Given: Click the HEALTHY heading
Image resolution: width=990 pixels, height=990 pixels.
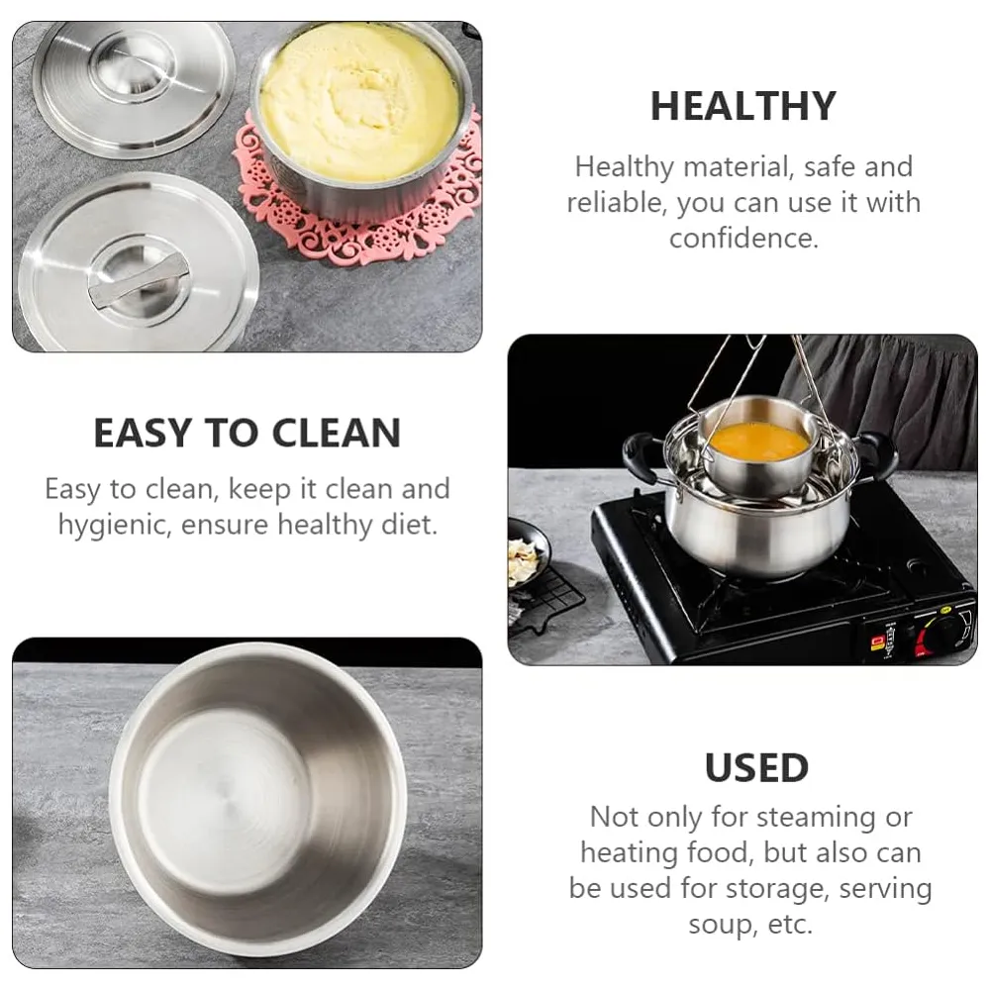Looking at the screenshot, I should pos(742,107).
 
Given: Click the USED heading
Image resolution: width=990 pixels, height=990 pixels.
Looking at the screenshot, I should pos(756,768).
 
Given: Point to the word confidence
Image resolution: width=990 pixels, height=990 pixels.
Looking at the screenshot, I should pos(743,239).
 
